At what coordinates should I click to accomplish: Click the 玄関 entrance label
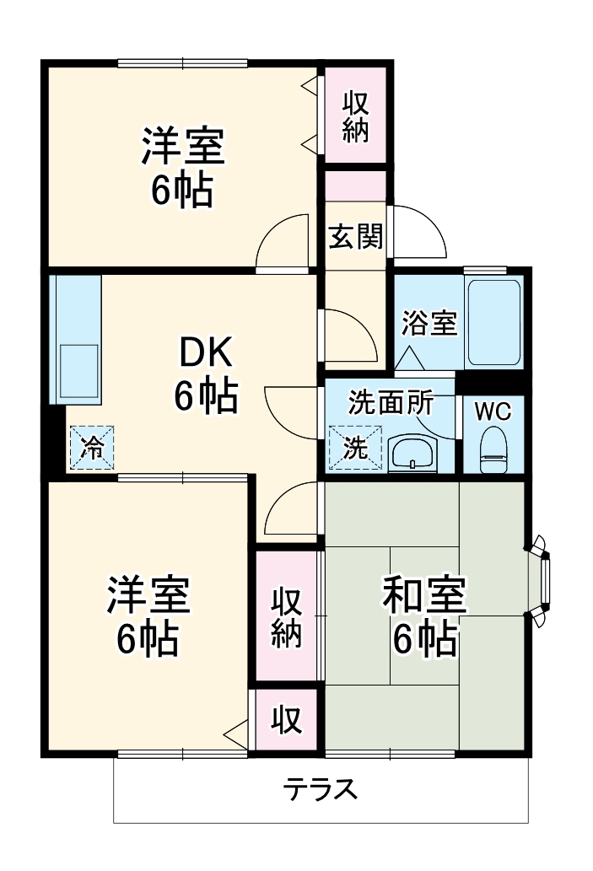click(x=355, y=237)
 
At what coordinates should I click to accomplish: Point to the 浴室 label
click(x=429, y=323)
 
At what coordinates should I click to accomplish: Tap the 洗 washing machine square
click(x=355, y=447)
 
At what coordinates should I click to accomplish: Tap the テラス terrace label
click(x=321, y=790)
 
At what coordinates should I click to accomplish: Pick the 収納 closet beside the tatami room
click(x=287, y=618)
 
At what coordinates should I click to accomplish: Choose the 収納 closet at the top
click(x=355, y=116)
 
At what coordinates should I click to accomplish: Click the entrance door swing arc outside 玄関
click(x=419, y=233)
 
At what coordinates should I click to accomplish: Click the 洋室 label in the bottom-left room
click(x=148, y=596)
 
